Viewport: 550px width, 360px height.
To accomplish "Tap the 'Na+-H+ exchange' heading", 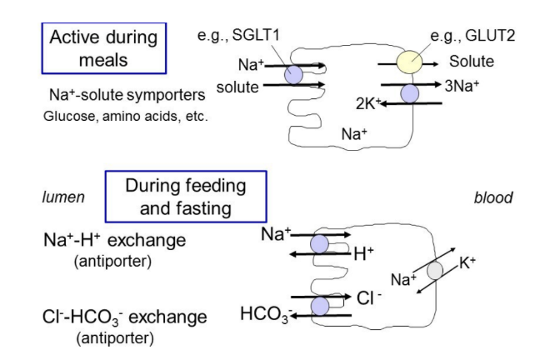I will click(x=114, y=240).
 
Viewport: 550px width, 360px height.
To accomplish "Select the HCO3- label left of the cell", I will click(x=264, y=315).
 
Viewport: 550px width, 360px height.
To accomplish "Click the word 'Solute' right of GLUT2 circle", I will click(x=472, y=62).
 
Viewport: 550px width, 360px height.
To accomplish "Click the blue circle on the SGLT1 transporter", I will click(x=293, y=75).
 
